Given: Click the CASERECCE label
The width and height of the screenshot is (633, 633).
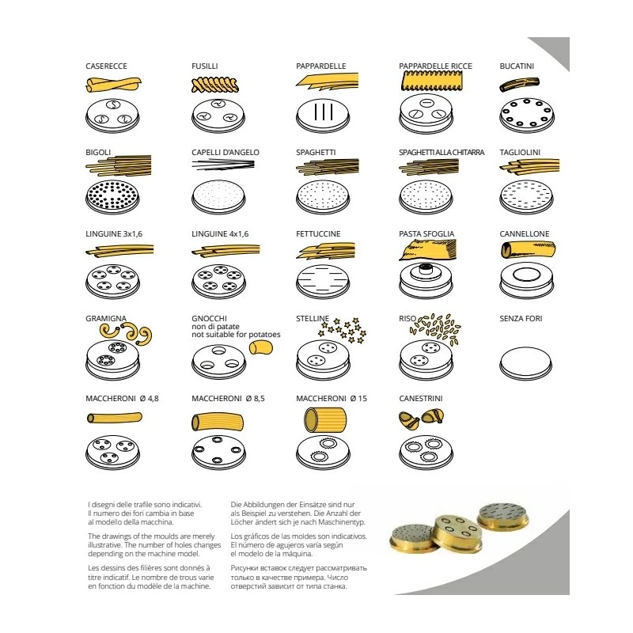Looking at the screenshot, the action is [106, 66].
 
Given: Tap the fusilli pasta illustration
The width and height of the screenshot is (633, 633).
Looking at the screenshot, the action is [214, 85].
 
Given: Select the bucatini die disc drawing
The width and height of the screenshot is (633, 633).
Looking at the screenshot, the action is [526, 116].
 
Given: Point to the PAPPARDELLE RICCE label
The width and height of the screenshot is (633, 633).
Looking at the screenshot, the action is [435, 66].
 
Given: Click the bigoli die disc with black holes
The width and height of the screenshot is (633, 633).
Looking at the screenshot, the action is [112, 197].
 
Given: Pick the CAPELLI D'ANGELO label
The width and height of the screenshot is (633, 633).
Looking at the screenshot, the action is [226, 152].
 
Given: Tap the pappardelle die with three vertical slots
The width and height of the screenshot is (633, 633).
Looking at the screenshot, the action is [323, 115].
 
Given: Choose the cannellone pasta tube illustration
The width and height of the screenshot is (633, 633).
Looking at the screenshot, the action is [528, 249].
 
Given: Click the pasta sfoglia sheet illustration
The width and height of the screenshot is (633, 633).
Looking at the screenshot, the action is [427, 249].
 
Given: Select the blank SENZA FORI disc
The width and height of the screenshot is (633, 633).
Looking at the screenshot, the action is [525, 362].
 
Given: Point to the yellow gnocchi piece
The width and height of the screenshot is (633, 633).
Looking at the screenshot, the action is [261, 347].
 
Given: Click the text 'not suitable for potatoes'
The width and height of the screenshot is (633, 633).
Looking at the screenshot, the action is [236, 334].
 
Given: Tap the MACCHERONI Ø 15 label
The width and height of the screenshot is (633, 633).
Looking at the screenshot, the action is [332, 399].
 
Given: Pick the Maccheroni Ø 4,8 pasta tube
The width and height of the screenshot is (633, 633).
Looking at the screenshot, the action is [114, 418].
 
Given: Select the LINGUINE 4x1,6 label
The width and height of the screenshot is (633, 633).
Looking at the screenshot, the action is [220, 233].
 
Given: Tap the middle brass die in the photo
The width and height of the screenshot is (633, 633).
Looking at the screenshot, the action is [458, 533].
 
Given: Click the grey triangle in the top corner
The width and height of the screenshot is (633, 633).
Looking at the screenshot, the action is [555, 51].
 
